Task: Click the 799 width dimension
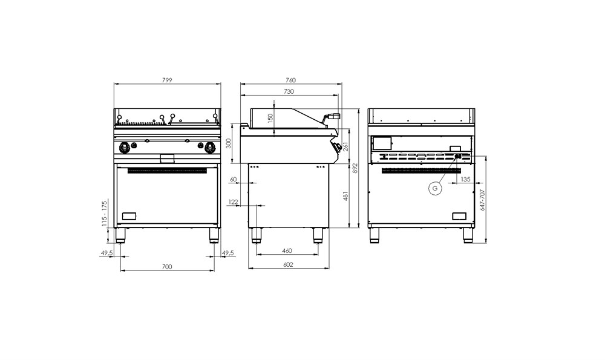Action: pos(167,80)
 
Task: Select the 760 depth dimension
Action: pos(290,80)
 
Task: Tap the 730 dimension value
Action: pos(289,91)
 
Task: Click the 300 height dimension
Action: pos(229,143)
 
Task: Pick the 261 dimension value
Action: pos(345,146)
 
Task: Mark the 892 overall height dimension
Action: pos(355,168)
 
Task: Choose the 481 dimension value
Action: pos(345,196)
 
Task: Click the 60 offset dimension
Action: pos(233,180)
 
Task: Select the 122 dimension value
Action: pos(233,201)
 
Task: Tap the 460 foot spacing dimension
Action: pos(287,250)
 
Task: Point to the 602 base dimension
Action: pos(288,264)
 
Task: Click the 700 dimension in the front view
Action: pos(167,266)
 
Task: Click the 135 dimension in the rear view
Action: pos(465,179)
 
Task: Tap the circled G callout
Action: pos(435,188)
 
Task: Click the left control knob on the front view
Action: pos(124,146)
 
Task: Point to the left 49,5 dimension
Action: pos(107,253)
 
